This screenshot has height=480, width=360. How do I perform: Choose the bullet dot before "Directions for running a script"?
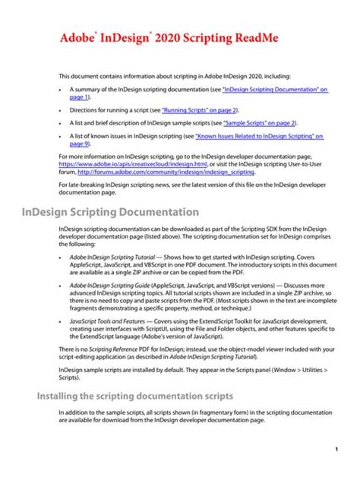pyautogui.click(x=61, y=111)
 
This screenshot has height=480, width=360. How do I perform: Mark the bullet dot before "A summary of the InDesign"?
pyautogui.click(x=61, y=90)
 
